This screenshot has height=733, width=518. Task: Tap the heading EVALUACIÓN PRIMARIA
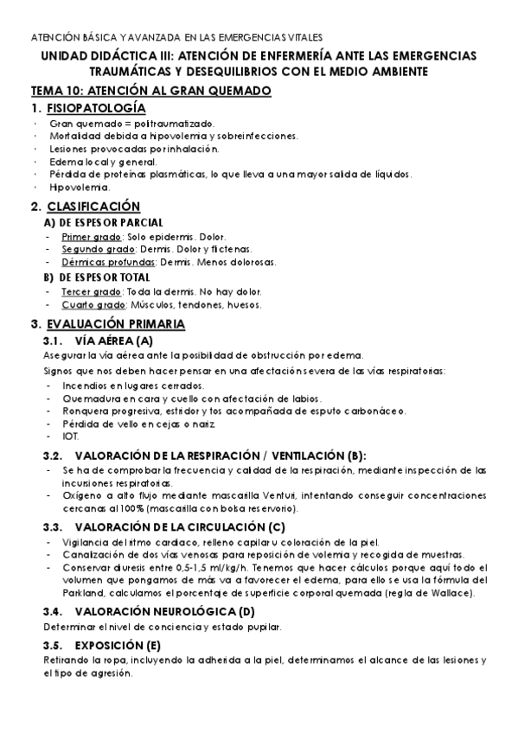pos(115,324)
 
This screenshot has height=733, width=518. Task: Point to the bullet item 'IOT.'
pos(70,437)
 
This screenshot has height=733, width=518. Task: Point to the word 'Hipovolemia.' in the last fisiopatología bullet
pos(80,187)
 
